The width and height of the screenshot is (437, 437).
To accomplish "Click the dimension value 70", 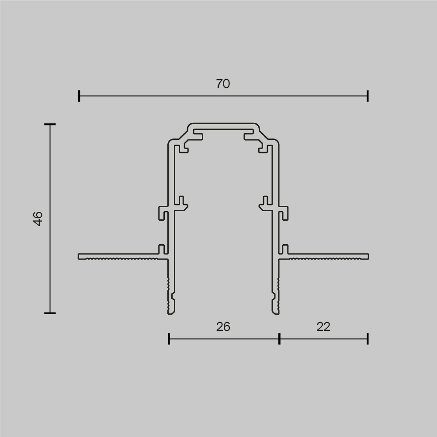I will pos(223,83).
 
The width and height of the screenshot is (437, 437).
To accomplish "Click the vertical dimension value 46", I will pos(38,218).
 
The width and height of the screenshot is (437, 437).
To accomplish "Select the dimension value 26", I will pos(223,326).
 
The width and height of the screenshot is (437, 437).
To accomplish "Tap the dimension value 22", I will pos(323,326).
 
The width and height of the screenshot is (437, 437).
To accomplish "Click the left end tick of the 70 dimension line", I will pos(79,96).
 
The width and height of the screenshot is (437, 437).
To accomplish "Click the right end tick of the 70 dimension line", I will pos(368,96).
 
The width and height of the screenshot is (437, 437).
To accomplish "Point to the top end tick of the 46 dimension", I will pos(50,125).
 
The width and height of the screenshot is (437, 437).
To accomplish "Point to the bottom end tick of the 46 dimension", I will pos(50,313).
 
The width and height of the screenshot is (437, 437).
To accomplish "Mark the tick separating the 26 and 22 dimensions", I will pos(279,339).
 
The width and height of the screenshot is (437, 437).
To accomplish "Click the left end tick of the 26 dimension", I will pos(169,339).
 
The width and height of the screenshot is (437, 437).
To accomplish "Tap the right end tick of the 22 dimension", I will pos(368,339).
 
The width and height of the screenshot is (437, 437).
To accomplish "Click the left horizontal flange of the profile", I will pos(118,256).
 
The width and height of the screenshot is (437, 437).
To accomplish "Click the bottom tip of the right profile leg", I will pos(275,312).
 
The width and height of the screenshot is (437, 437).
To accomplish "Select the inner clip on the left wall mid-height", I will pos(181,202).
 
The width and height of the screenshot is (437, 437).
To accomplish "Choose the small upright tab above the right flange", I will pos(285,249).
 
